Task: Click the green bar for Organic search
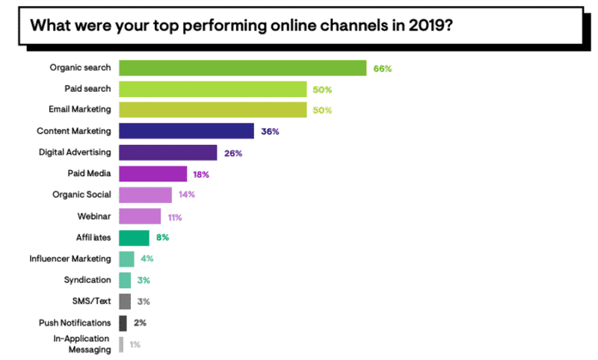[x=242, y=68]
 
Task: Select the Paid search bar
[x=212, y=90]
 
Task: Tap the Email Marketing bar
[x=212, y=110]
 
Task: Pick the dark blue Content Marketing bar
[x=186, y=131]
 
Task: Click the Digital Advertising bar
[x=167, y=152]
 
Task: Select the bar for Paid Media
[x=152, y=174]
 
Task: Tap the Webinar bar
[x=140, y=217]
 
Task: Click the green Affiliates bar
[x=134, y=238]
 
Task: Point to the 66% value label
[x=382, y=69]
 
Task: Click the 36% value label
[x=270, y=131]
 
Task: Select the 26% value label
[x=232, y=153]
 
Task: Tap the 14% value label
[x=188, y=196]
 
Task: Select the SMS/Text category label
[x=89, y=301]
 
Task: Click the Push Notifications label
[x=74, y=323]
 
